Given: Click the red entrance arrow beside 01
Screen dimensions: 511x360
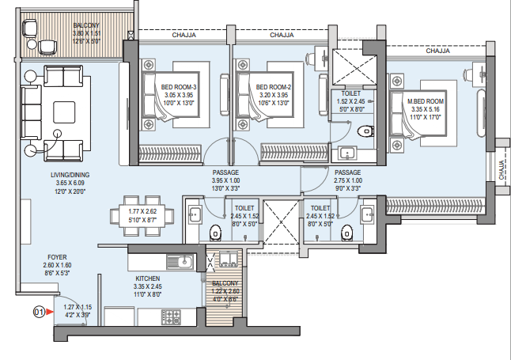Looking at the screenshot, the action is [50, 312].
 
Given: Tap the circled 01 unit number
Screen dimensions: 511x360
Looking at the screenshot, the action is [39, 312].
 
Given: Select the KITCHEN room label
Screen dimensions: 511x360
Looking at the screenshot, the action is [148, 279].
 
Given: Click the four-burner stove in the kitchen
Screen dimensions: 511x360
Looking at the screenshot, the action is [171, 316].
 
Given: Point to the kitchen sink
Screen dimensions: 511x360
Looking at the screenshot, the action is [180, 262].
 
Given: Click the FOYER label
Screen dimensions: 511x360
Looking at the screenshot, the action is [57, 257].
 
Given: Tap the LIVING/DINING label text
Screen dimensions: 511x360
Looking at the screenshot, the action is [70, 175].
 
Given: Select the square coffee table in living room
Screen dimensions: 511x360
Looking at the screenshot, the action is [64, 112].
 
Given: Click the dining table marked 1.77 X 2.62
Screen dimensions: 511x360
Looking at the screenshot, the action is [142, 215].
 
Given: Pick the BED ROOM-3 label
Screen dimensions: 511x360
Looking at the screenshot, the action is [179, 87].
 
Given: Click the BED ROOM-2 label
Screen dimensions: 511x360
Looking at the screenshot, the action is [274, 87].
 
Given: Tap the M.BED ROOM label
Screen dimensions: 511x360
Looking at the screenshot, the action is [426, 101].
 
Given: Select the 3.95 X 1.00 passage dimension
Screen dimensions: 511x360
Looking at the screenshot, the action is [225, 180].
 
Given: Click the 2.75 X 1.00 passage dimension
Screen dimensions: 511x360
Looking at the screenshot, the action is [348, 180].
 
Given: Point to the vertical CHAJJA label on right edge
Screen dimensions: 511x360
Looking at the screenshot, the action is [502, 169].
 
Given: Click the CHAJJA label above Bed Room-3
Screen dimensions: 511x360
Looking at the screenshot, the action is [184, 35].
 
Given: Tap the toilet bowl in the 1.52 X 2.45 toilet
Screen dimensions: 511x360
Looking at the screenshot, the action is [365, 131].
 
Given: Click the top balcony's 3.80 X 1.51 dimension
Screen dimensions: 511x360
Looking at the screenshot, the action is [86, 33].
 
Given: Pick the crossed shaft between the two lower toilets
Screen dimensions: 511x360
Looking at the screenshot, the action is [281, 222].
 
